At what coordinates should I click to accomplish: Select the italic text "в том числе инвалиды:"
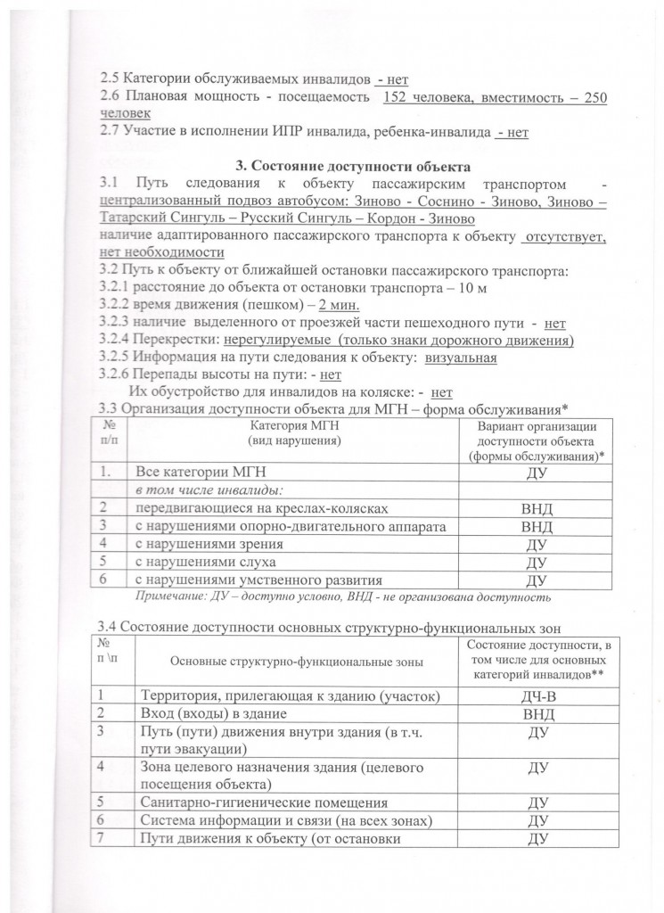coord(196,490)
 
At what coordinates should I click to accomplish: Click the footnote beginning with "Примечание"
coord(343,595)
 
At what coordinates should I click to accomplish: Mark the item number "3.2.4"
coord(117,340)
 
